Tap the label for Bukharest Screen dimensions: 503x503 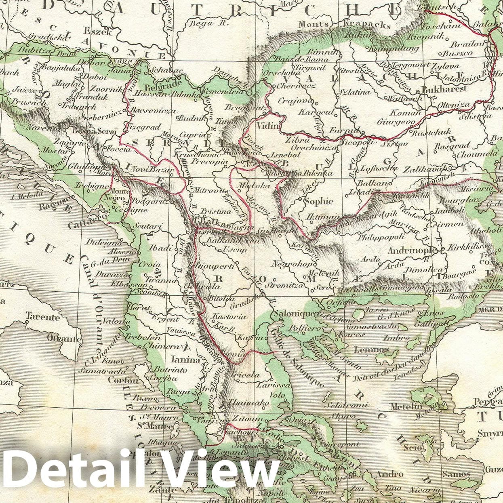pyautogui.click(x=444, y=88)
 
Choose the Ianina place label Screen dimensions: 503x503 pyautogui.click(x=185, y=360)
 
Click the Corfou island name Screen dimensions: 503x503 pyautogui.click(x=123, y=380)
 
